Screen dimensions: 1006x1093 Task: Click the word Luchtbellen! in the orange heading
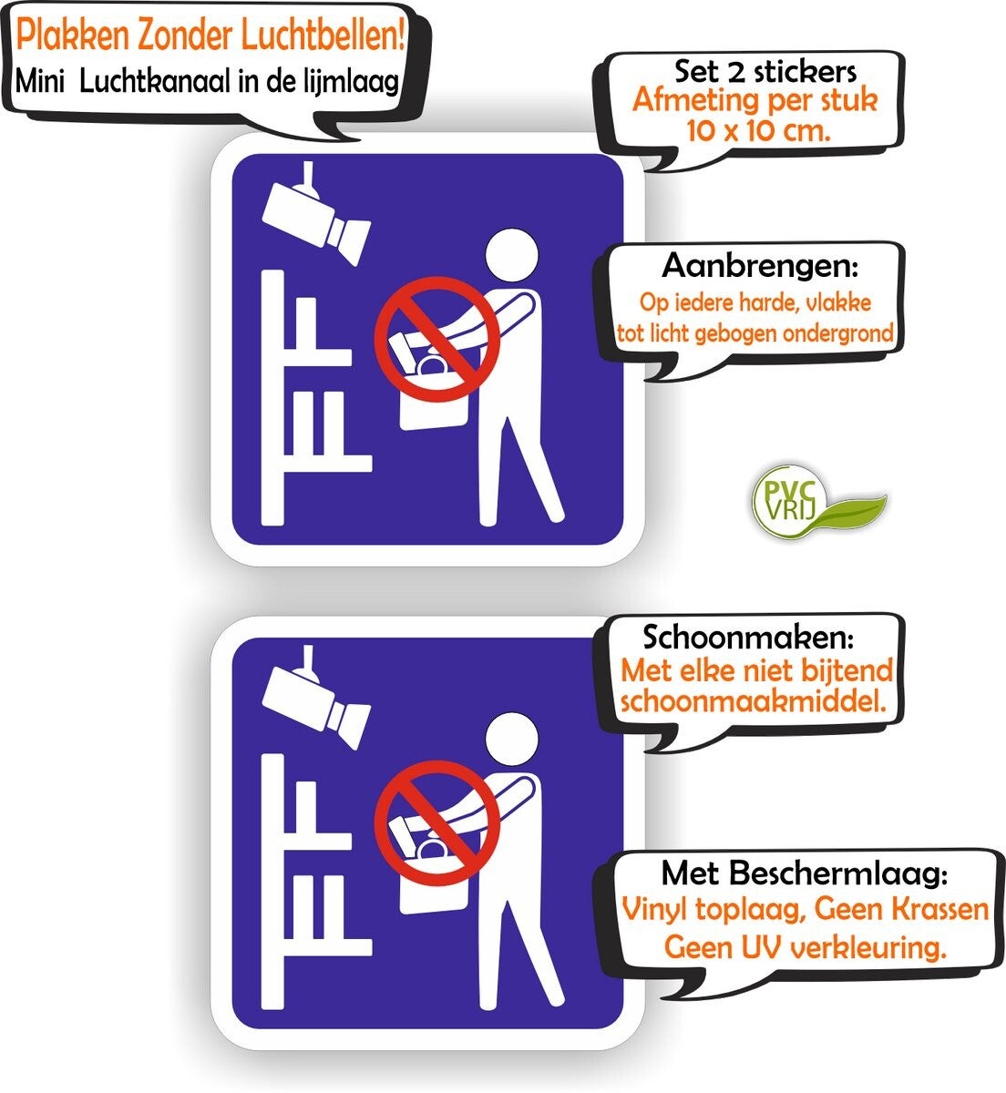[x=323, y=36]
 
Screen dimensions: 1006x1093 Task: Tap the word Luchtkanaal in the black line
[x=157, y=82]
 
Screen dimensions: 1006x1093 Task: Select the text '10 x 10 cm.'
[x=758, y=131]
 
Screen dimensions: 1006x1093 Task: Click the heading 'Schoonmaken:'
[x=748, y=637]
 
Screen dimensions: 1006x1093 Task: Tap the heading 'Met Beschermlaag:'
[x=805, y=873]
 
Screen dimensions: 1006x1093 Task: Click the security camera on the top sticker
[x=316, y=213]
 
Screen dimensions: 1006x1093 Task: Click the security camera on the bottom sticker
[x=316, y=698]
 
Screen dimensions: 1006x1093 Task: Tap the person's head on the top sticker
[x=511, y=255]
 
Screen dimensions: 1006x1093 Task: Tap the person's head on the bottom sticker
[x=511, y=739]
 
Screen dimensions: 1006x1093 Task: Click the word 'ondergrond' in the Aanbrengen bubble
[x=838, y=333]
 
